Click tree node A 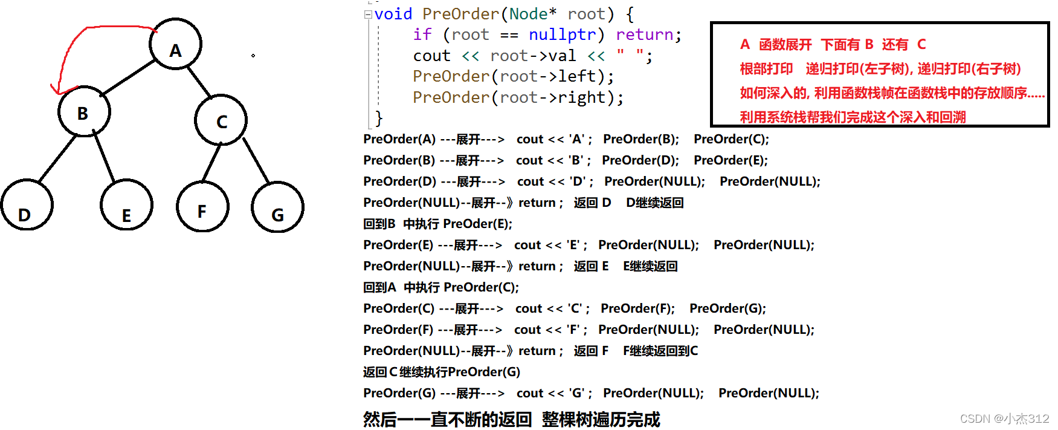(175, 45)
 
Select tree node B (84, 112)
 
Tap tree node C (221, 120)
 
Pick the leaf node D (27, 206)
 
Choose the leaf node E (126, 206)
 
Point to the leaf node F (202, 206)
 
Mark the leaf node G (277, 207)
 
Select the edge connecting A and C (199, 82)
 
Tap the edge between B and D (57, 158)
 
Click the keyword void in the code (393, 14)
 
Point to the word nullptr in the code (562, 35)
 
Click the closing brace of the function (379, 117)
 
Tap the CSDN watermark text (1004, 419)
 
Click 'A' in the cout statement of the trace (577, 139)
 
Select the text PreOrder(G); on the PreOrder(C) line (727, 308)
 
